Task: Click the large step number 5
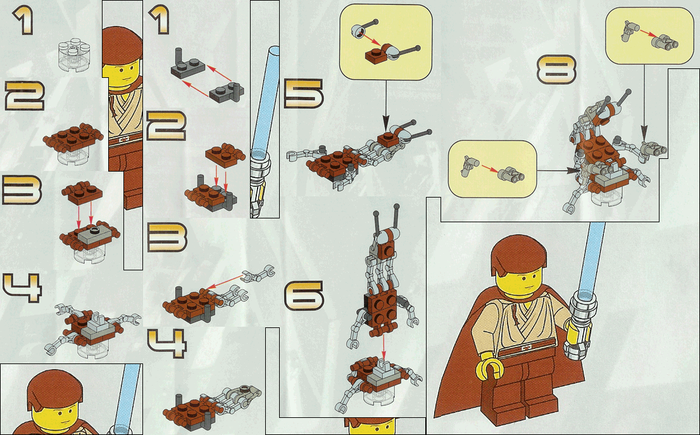coord(304,94)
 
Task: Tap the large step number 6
coord(304,296)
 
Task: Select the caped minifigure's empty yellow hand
coord(491,367)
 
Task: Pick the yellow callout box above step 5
coord(385,44)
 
